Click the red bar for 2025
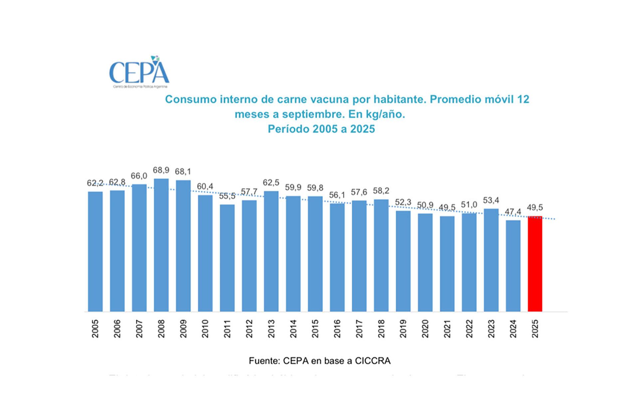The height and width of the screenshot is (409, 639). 535,264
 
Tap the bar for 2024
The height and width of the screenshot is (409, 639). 513,266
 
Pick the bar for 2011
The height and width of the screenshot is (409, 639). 227,258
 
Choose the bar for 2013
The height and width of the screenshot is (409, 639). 271,251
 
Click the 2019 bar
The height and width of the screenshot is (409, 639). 403,261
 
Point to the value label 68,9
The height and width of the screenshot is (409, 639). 161,170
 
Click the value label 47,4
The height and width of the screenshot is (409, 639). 513,212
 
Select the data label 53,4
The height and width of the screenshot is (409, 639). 491,200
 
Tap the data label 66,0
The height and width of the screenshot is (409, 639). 139,176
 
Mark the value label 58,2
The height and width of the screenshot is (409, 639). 381,191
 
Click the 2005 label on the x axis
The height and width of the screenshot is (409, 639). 95,329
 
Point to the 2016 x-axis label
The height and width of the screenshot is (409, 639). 337,329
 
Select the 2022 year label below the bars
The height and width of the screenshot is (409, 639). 469,329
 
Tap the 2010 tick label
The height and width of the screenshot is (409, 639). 205,329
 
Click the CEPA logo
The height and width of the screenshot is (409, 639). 139,72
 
